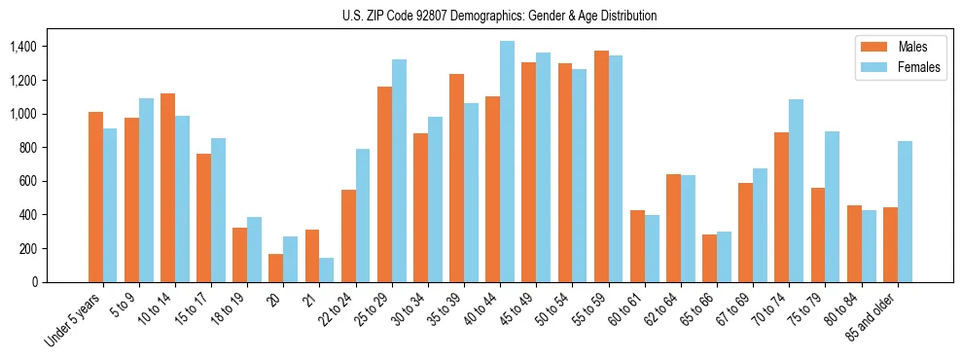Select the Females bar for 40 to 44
[507, 162]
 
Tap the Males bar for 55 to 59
[601, 166]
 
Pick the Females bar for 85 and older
[905, 211]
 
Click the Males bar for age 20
[276, 268]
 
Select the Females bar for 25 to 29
[399, 170]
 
